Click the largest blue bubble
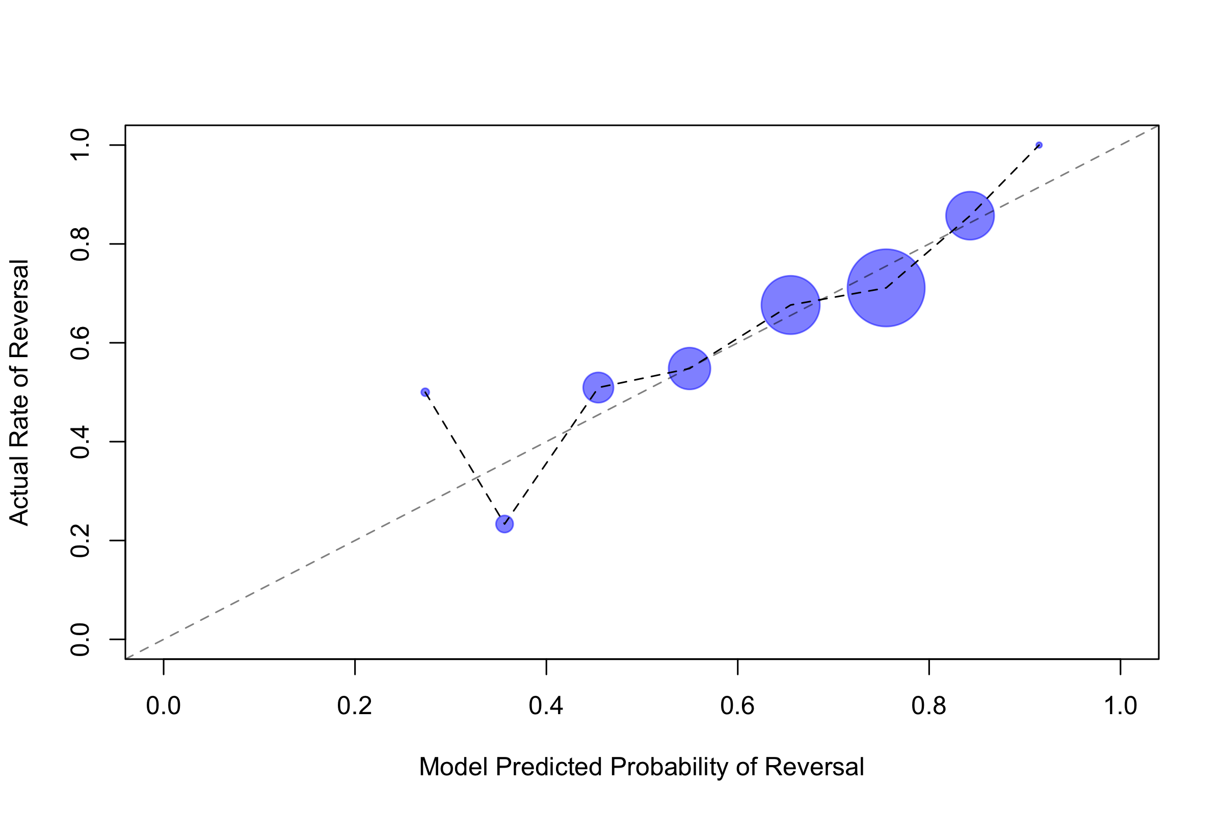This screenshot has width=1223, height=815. coord(886,287)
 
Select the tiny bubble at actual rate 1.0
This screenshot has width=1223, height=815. coord(1039,145)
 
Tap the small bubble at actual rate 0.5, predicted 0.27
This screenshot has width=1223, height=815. coord(425,392)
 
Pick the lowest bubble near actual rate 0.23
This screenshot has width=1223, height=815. coord(504,524)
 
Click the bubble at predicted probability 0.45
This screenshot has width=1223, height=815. coord(598,387)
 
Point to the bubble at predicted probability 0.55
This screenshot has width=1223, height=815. coord(689,368)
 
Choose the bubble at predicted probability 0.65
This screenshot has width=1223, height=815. coord(790,305)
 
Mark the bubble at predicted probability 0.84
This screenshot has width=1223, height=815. coord(970,215)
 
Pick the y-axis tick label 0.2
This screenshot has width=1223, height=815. coord(81,540)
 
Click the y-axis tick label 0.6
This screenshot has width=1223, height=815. coord(81,343)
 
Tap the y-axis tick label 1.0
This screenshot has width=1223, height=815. coord(81,146)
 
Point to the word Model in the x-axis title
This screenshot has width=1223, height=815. coord(454,767)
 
